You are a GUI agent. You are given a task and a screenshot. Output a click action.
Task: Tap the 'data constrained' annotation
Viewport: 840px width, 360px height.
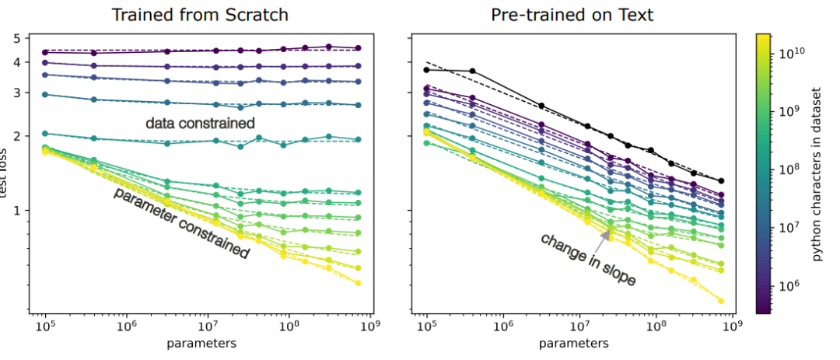point(200,123)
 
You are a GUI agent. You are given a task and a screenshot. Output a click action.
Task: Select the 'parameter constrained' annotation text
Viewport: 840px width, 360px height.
point(181,223)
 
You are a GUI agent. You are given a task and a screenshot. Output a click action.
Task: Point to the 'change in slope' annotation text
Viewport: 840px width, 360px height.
point(588,259)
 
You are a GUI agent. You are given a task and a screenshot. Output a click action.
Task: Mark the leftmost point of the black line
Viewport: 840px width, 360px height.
point(426,70)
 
